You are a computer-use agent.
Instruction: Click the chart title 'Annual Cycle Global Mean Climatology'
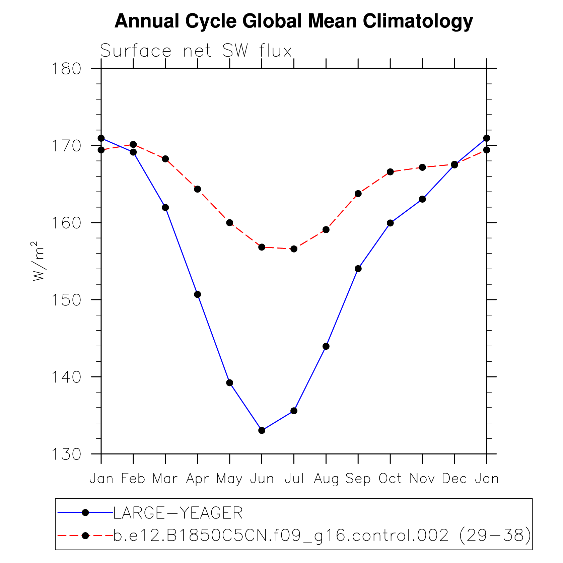point(293,21)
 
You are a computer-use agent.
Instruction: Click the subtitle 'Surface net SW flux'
point(196,51)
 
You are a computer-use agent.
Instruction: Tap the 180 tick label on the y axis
point(66,69)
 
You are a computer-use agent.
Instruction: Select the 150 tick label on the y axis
point(66,300)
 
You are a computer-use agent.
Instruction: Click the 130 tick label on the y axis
point(66,454)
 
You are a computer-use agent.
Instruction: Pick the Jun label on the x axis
point(262,479)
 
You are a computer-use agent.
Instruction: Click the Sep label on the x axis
point(358,479)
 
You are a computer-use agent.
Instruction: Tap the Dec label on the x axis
point(454,479)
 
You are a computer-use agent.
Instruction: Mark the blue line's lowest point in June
point(262,430)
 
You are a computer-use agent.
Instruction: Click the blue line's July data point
point(294,411)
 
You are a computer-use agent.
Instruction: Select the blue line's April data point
point(198,294)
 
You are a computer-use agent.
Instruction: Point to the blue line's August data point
point(326,346)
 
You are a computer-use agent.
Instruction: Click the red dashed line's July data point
point(294,249)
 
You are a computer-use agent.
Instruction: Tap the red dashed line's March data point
point(165,159)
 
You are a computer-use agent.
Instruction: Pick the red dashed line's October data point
point(390,172)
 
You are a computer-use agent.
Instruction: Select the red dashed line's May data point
point(230,223)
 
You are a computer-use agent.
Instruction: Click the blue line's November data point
point(422,199)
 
